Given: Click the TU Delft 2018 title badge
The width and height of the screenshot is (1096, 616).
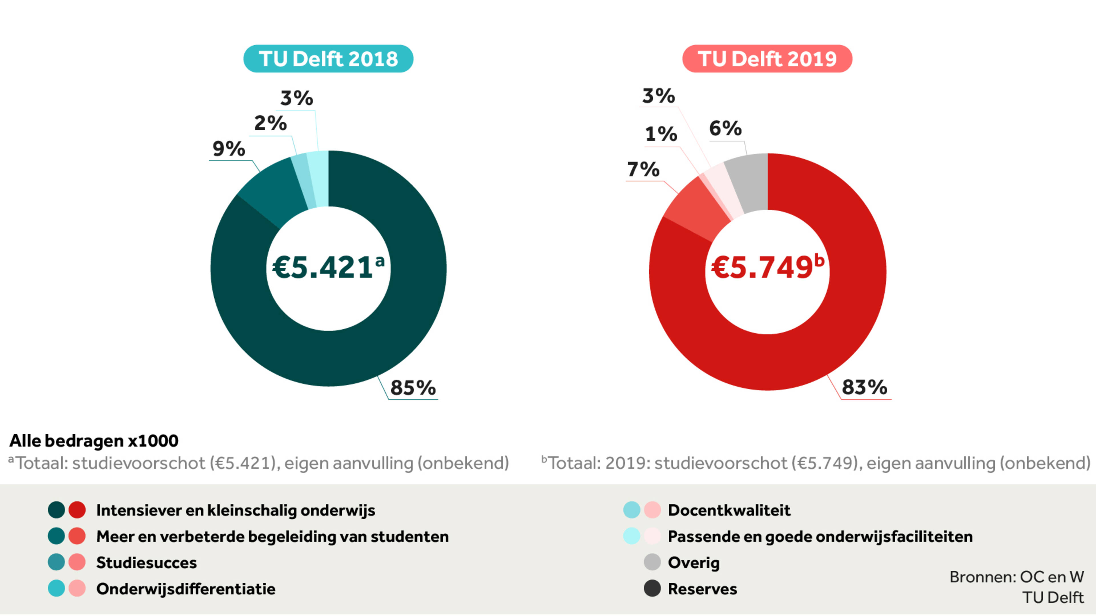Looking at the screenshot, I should click(328, 59).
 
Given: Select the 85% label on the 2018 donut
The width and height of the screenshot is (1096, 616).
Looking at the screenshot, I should click(413, 387).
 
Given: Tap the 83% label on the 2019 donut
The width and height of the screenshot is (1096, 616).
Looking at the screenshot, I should click(864, 387).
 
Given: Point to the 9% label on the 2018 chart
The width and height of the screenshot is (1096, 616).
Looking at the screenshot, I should click(228, 149).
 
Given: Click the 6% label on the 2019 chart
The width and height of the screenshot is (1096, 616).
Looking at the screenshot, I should click(725, 128).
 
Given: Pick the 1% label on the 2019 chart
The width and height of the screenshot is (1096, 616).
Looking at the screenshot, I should click(661, 134).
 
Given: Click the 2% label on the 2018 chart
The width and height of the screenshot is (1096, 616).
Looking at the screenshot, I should click(270, 123).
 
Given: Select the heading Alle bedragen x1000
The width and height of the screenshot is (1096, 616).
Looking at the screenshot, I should click(94, 441).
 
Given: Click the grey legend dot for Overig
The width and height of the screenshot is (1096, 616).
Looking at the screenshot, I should click(652, 562).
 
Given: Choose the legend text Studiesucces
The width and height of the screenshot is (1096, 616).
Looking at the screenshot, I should click(146, 562).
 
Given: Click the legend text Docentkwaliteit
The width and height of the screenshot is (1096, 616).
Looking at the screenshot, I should click(729, 510).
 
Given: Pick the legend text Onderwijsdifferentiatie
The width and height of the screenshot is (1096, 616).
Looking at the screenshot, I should click(186, 589).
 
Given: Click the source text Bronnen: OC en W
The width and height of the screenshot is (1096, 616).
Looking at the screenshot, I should click(1016, 577).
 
